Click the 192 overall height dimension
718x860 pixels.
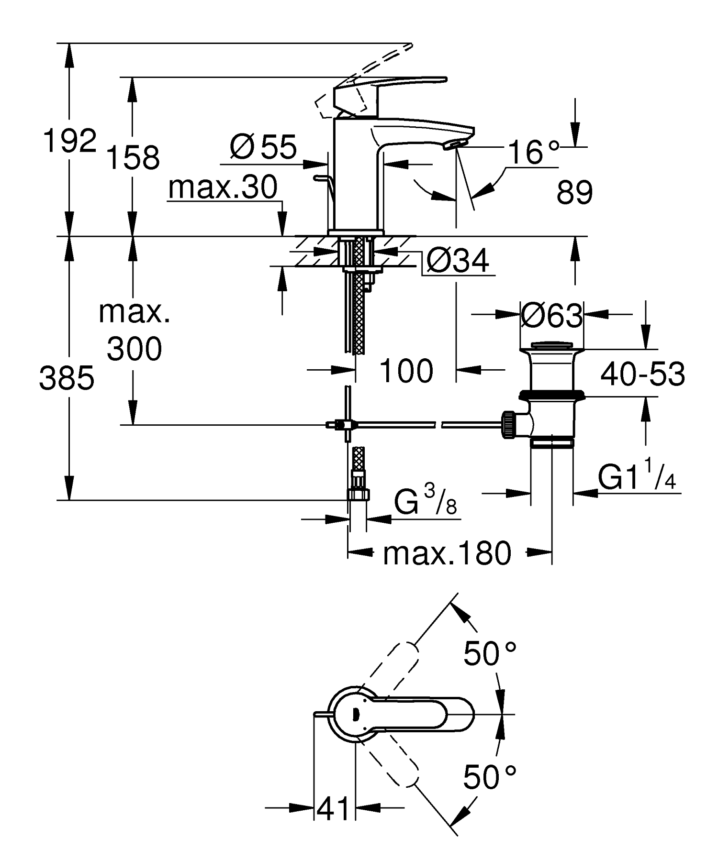click(70, 141)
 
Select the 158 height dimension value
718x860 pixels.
click(133, 158)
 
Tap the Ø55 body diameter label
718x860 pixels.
click(263, 147)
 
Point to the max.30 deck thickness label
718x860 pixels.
click(223, 187)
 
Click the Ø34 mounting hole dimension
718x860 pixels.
click(457, 262)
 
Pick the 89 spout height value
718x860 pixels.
click(574, 193)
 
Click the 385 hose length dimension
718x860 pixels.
click(67, 378)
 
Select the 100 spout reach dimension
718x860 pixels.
click(406, 371)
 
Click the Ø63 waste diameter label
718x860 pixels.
click(551, 316)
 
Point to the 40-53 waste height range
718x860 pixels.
click(642, 375)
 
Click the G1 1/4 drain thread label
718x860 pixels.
click(637, 479)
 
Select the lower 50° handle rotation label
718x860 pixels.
click(490, 777)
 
